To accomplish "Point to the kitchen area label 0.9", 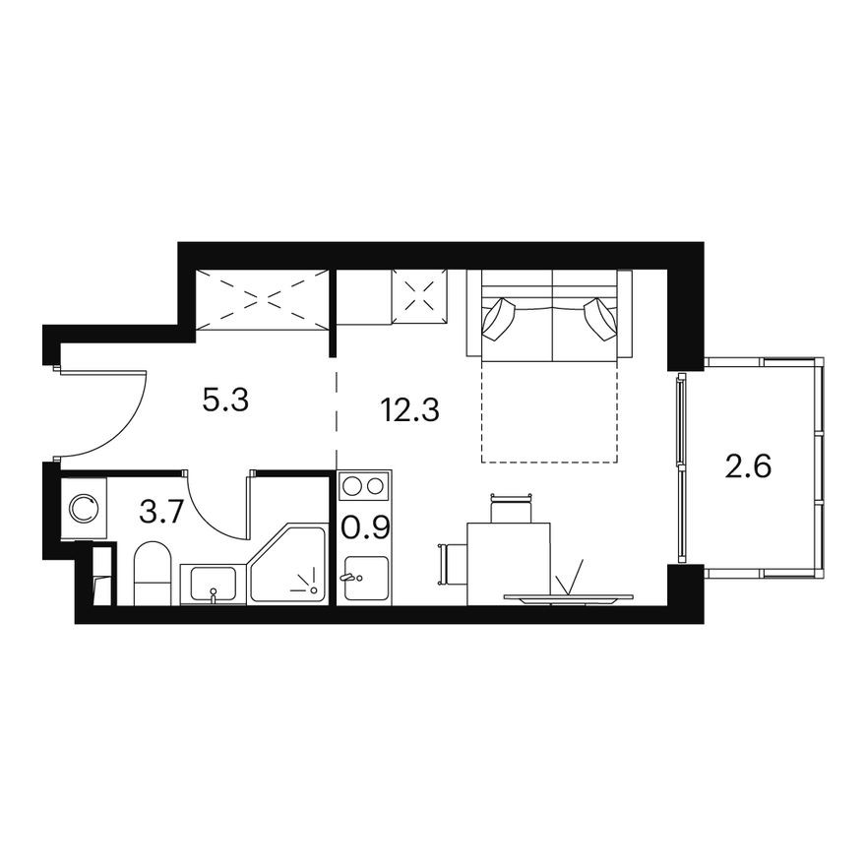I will point(366,527).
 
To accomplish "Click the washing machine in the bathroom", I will point(83,508).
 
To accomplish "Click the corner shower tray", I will point(287,568).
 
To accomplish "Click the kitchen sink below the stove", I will point(364,578).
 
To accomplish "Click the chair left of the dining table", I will point(448,564).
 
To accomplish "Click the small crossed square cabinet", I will point(419,292).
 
